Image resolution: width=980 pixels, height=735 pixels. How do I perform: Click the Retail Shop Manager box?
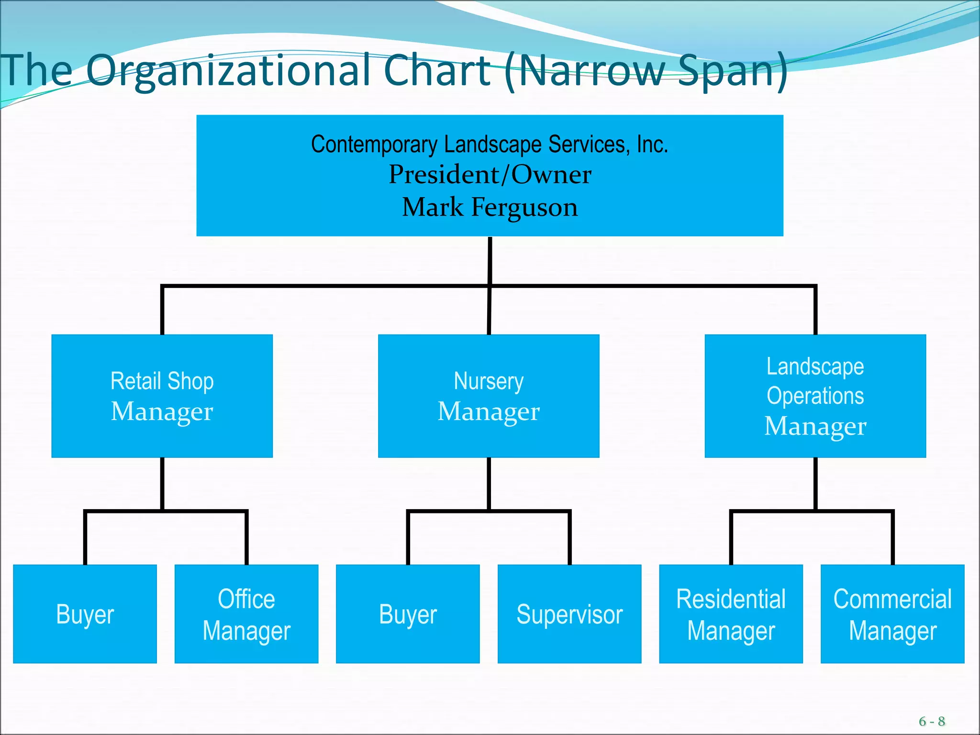(x=162, y=396)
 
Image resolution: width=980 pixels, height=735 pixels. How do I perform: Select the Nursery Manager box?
(x=489, y=396)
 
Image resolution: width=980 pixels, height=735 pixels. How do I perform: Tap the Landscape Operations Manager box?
(x=815, y=396)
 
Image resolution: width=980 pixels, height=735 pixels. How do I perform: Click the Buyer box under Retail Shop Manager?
(x=85, y=614)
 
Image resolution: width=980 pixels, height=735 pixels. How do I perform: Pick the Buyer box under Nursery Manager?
(x=408, y=614)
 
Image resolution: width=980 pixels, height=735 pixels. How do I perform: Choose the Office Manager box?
(x=246, y=614)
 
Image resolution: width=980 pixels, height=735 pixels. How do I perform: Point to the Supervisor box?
(x=569, y=614)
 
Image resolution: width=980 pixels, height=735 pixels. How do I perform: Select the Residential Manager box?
(x=731, y=614)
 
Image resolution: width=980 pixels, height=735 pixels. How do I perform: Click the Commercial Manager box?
(x=892, y=614)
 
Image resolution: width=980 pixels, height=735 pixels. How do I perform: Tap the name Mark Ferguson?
(x=490, y=207)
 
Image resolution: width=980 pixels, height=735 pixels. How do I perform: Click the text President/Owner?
(x=490, y=175)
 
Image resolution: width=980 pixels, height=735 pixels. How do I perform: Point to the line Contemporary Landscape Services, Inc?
(x=490, y=144)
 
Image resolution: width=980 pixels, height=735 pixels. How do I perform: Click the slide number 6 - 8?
(x=931, y=721)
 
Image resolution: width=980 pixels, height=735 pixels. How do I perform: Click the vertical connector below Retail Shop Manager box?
(x=162, y=483)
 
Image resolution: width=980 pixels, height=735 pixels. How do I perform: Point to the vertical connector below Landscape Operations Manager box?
(x=815, y=483)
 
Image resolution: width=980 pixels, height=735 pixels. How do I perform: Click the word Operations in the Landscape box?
(x=815, y=396)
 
